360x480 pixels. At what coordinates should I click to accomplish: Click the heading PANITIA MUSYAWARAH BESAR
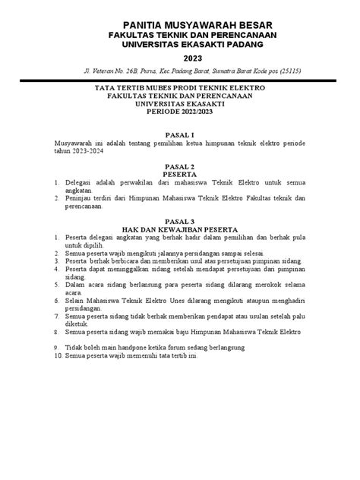[180, 25]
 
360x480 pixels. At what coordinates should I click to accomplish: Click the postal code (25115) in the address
[290, 71]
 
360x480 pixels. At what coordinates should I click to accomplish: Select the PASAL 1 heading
[180, 134]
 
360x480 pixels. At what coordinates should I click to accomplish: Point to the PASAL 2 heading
[180, 166]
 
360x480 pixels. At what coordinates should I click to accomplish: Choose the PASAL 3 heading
[180, 219]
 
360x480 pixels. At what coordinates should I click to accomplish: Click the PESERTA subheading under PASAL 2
[180, 174]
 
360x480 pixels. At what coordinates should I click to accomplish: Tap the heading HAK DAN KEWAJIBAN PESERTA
[180, 228]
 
